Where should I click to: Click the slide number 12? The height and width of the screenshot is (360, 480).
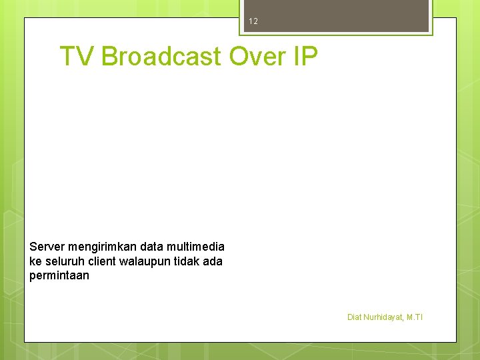coord(253,21)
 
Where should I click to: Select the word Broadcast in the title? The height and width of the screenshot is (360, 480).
coord(161,57)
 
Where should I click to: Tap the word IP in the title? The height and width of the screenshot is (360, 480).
coord(305,57)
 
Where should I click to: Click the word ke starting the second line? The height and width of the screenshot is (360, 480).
coord(35,261)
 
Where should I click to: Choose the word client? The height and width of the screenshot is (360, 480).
coord(103,261)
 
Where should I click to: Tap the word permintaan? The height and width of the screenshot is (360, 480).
coord(59,275)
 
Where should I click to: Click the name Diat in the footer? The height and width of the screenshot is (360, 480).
coord(354,317)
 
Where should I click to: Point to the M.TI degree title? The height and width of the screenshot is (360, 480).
coord(415,317)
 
